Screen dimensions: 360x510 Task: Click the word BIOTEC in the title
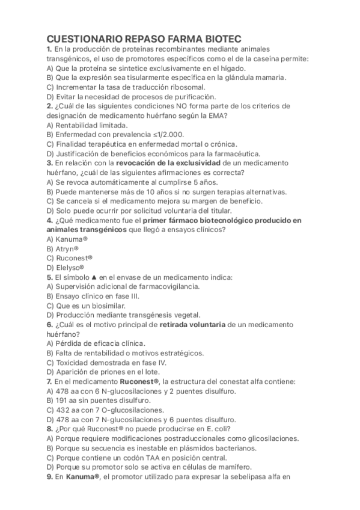[215, 37]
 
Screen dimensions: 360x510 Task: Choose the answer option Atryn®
[66, 248]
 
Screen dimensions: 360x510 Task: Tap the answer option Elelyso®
[69, 267]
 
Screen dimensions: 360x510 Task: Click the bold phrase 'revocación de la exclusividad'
[168, 162]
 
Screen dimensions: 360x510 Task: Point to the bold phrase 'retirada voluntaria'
[192, 325]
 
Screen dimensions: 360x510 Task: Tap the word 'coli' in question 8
[204, 429]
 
